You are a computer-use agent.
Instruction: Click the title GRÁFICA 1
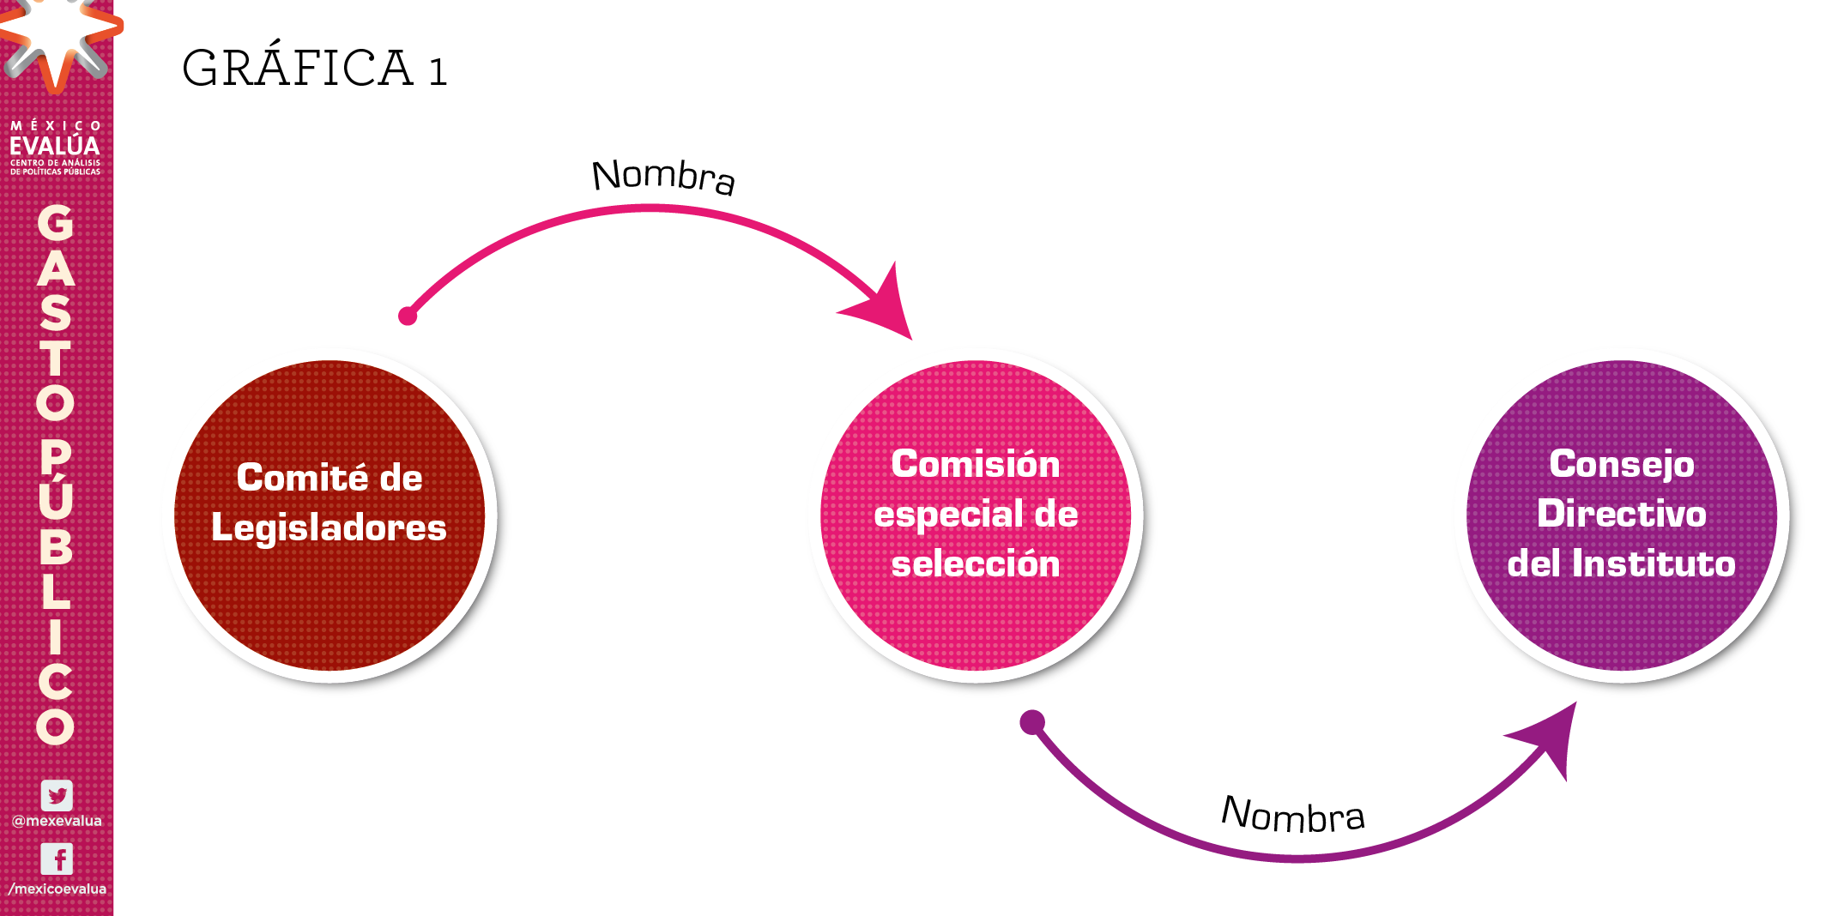[x=314, y=69]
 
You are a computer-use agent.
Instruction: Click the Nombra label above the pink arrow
[x=663, y=176]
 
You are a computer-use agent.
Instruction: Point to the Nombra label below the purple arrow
[x=1292, y=815]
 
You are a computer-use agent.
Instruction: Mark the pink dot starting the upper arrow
[x=408, y=316]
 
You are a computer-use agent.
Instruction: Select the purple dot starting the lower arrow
[x=1032, y=722]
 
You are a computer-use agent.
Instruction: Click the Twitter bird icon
[x=57, y=795]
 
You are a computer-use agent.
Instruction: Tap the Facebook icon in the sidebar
[x=57, y=859]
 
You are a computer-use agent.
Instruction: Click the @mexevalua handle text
[x=57, y=821]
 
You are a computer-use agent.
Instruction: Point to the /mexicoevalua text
[x=57, y=889]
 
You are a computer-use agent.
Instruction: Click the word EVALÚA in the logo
[x=55, y=146]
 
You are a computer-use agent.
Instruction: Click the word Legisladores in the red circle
[x=329, y=527]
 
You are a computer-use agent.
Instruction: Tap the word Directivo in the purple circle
[x=1621, y=514]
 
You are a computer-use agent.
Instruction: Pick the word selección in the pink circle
[x=976, y=563]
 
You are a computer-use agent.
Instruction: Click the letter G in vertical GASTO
[x=55, y=223]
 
